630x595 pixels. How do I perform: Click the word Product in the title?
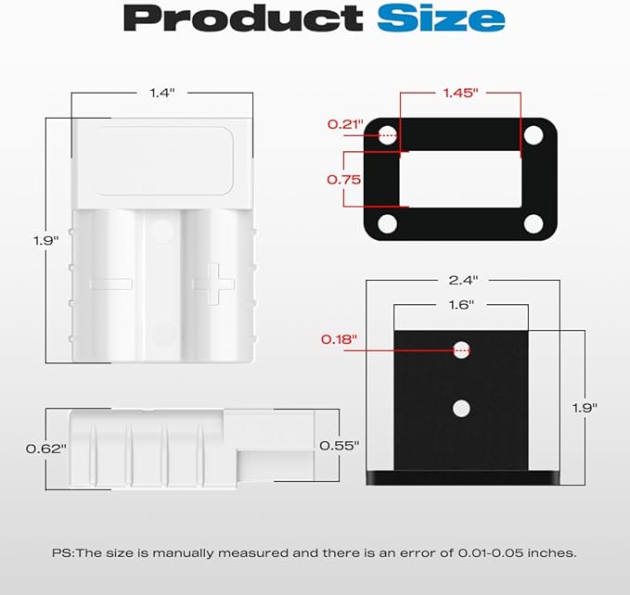click(x=243, y=19)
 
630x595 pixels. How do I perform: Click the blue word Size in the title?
click(x=441, y=18)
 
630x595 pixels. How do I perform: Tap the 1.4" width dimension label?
click(x=162, y=93)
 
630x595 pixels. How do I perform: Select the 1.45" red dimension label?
click(x=461, y=93)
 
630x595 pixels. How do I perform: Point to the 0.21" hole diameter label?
click(x=345, y=124)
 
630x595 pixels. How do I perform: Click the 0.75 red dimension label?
click(x=344, y=180)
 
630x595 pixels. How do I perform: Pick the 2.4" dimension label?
click(x=463, y=280)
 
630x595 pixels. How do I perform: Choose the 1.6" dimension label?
click(x=461, y=305)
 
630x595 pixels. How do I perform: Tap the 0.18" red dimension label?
click(x=339, y=339)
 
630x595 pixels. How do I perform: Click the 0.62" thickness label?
click(x=45, y=449)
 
